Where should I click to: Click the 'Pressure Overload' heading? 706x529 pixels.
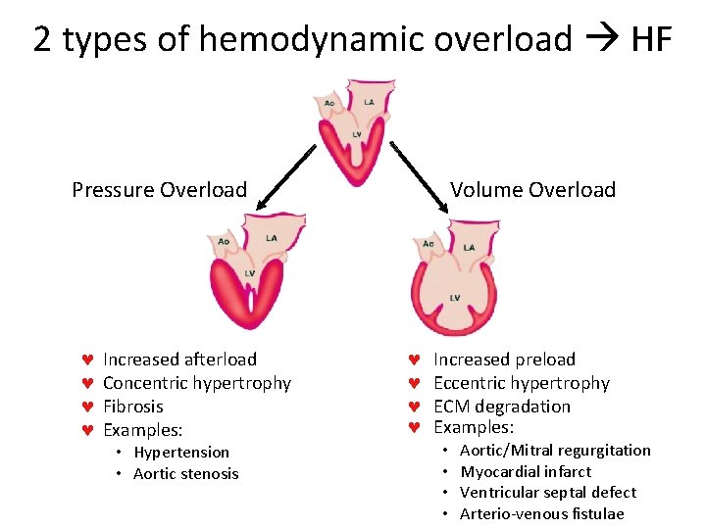(x=159, y=190)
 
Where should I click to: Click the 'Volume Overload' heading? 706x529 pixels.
(x=532, y=190)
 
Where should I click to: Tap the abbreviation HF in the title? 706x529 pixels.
(x=651, y=39)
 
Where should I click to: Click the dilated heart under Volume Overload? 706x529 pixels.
(x=456, y=278)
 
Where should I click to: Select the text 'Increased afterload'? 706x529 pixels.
(x=179, y=360)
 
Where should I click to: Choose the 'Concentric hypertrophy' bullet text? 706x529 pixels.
(x=197, y=383)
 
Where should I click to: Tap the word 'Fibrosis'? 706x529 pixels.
(x=133, y=407)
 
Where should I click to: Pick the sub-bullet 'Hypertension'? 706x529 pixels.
(x=181, y=453)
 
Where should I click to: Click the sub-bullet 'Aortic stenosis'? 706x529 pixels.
(x=186, y=474)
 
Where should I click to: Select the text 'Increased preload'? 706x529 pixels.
(x=504, y=360)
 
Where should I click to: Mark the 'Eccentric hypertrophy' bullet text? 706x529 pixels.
(x=522, y=383)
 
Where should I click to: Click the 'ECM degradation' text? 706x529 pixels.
(x=501, y=407)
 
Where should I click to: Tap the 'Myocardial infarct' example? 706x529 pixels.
(x=527, y=471)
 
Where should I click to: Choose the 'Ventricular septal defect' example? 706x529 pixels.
(x=548, y=493)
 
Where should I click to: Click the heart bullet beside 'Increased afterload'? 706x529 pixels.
(x=86, y=360)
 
